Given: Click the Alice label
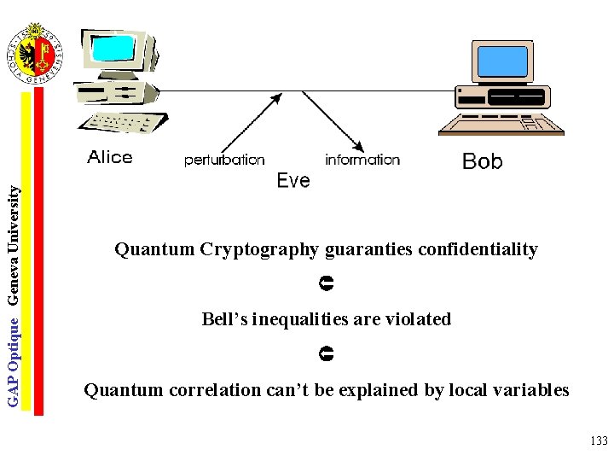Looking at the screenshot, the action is pyautogui.click(x=110, y=157).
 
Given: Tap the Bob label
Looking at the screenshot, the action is pyautogui.click(x=482, y=161).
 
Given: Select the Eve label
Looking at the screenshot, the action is pyautogui.click(x=293, y=181).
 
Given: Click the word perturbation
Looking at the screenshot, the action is pyautogui.click(x=224, y=160).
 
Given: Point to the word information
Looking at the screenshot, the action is pyautogui.click(x=362, y=160).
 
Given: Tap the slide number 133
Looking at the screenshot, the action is pyautogui.click(x=598, y=441).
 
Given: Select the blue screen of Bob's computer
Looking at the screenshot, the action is pyautogui.click(x=502, y=61).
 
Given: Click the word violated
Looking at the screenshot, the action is pyautogui.click(x=418, y=319).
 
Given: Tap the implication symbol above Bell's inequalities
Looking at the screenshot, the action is pyautogui.click(x=327, y=281).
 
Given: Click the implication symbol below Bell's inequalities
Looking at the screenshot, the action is pyautogui.click(x=327, y=352).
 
